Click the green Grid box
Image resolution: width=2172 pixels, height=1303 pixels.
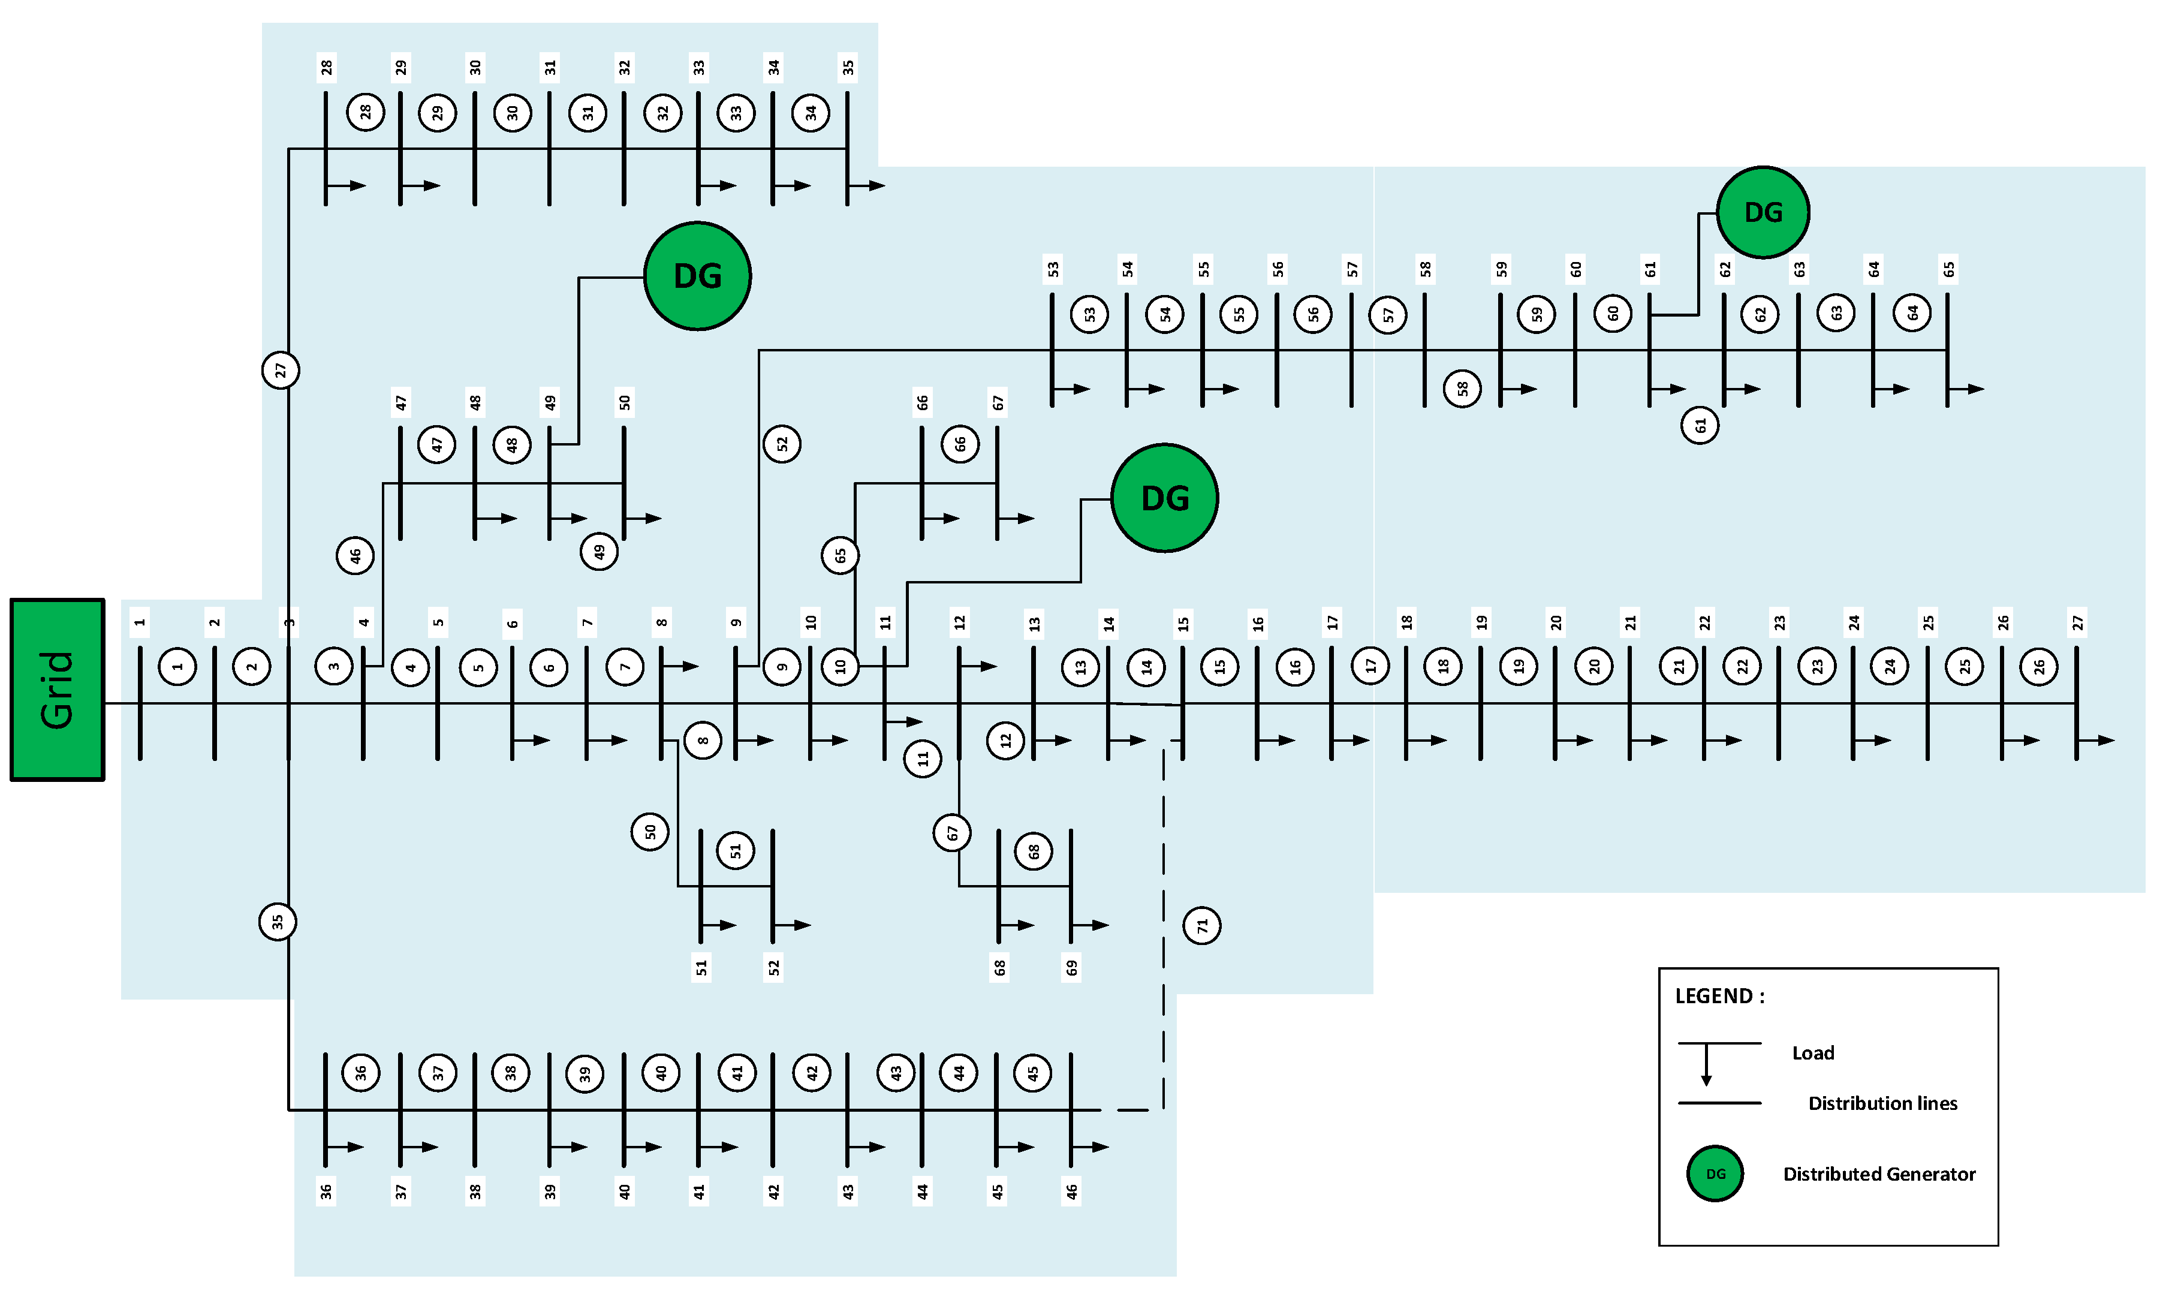[57, 689]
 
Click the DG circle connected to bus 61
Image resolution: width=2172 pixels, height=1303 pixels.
[1762, 212]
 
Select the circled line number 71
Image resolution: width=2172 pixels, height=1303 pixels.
[1201, 925]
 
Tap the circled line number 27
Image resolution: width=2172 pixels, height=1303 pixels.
[281, 369]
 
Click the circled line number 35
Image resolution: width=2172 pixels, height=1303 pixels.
[278, 921]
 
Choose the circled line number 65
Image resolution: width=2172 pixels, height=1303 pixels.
[840, 555]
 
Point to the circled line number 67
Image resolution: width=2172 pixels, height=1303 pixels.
[951, 832]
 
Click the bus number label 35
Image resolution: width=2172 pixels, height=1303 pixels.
[848, 67]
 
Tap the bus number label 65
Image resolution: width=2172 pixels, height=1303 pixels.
[1948, 269]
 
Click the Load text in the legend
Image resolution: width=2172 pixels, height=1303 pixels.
[1812, 1053]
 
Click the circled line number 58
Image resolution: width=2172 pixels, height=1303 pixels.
[1462, 388]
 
